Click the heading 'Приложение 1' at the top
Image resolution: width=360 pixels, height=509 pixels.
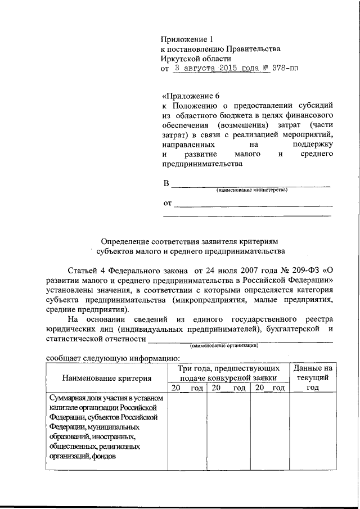point(187,39)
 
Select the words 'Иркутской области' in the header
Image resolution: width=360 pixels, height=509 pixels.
point(196,58)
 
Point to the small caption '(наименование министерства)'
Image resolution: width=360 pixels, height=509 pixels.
point(251,190)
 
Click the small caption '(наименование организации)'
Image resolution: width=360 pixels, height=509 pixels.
point(224,345)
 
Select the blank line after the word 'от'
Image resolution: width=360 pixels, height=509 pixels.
point(253,205)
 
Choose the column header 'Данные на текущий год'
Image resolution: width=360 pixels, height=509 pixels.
point(313,377)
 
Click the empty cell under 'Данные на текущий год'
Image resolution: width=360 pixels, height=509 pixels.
point(313,431)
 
